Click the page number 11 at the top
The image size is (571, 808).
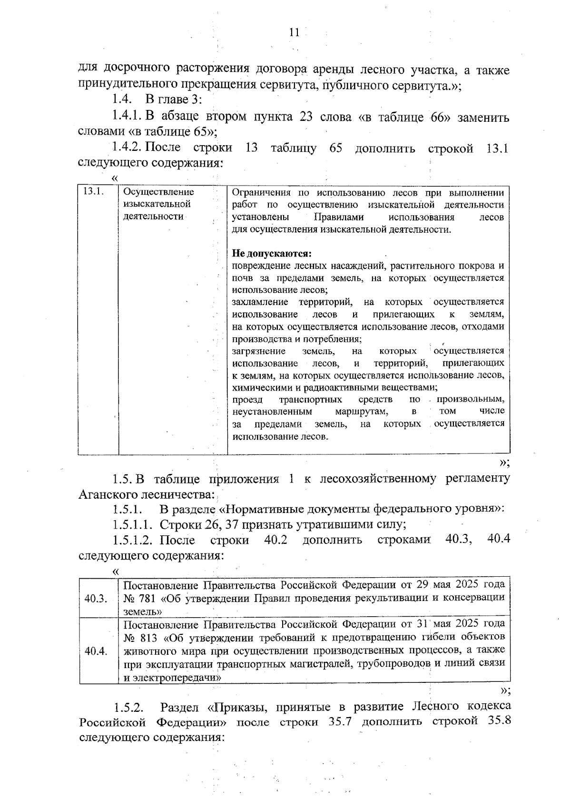pyautogui.click(x=294, y=32)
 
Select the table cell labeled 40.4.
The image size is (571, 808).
pyautogui.click(x=96, y=651)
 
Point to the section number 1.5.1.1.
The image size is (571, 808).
pyautogui.click(x=133, y=525)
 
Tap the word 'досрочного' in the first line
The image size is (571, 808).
pyautogui.click(x=138, y=70)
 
